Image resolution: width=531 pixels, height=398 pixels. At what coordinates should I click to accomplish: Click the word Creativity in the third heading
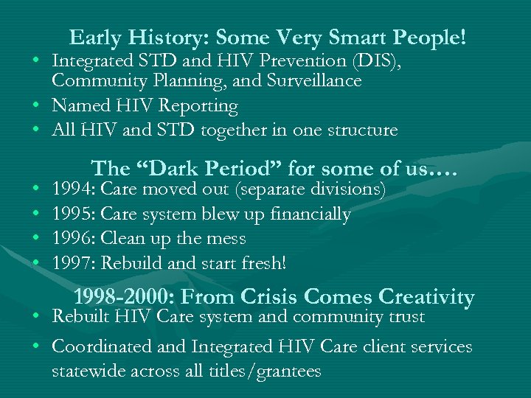pos(426,297)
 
